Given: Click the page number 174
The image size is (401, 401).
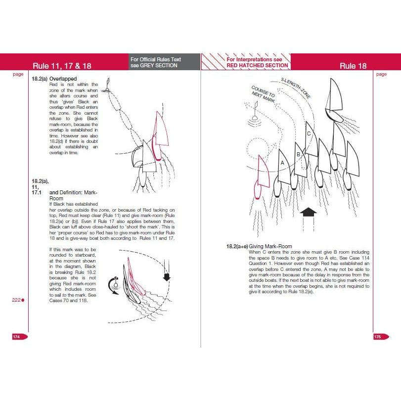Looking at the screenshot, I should tap(16, 336).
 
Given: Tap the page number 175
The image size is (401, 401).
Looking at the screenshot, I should tap(378, 336).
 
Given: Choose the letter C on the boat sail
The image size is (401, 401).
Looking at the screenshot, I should tap(309, 134).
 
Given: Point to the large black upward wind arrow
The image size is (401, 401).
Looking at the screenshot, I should tap(309, 213).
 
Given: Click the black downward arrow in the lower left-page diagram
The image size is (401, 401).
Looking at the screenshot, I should tap(167, 275).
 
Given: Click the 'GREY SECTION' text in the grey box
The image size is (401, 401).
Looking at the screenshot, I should tap(154, 65).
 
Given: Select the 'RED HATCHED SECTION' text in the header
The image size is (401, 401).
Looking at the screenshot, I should tap(257, 65).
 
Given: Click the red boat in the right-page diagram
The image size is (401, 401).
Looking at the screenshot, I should tap(260, 178).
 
